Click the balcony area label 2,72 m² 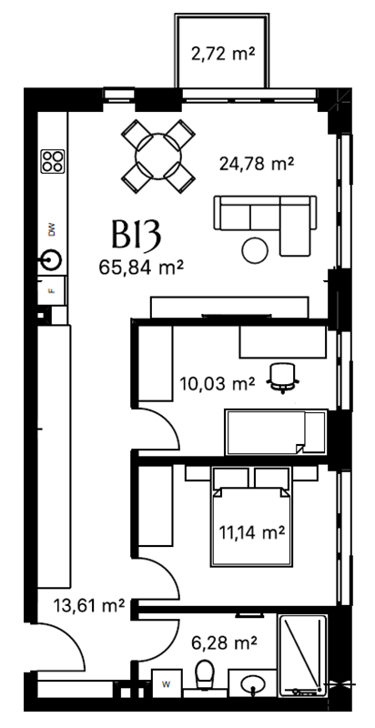tap(222, 55)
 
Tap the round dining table tap(157, 157)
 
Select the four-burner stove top tap(53, 162)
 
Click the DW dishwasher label tap(52, 229)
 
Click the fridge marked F tap(52, 290)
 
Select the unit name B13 tap(136, 235)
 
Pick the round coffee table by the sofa tap(255, 250)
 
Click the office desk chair tap(283, 379)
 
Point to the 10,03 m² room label tap(218, 383)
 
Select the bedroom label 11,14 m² tap(251, 532)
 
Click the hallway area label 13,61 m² tap(89, 605)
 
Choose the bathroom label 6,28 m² tap(224, 643)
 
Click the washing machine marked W tap(166, 683)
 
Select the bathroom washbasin tap(252, 682)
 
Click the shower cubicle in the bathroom tap(302, 654)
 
